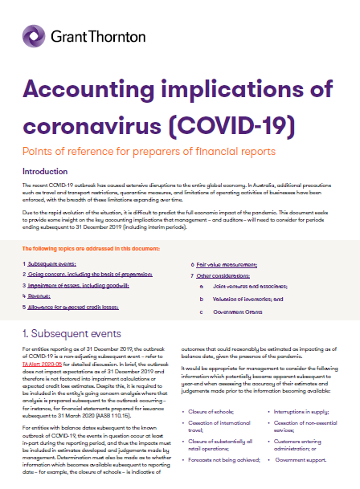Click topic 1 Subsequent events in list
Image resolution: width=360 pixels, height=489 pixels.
(x=52, y=263)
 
